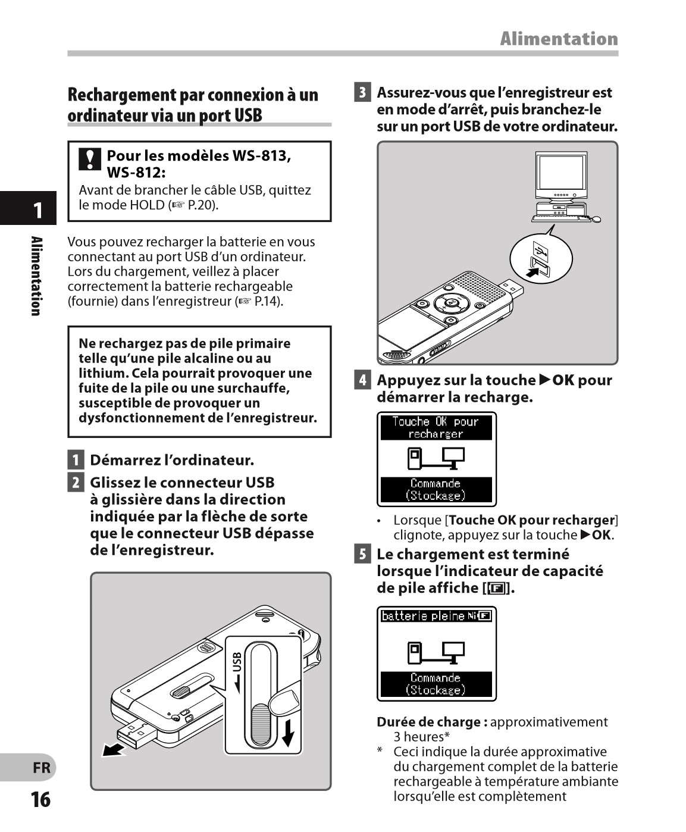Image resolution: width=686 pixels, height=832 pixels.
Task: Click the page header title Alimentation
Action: [x=559, y=39]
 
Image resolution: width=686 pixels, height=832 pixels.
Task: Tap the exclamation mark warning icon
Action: [x=90, y=159]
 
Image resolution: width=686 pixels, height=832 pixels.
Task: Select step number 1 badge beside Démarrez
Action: [x=75, y=460]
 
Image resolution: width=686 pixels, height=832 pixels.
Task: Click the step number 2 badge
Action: [x=75, y=482]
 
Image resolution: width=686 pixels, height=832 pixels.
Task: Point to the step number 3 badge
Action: [x=362, y=93]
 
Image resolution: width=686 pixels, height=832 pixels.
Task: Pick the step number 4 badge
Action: [x=362, y=380]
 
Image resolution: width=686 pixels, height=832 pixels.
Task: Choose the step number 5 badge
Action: [x=362, y=555]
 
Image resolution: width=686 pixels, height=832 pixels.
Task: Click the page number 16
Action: [x=40, y=799]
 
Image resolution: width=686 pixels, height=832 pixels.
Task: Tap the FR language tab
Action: [x=42, y=768]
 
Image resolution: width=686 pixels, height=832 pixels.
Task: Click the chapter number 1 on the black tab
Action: [x=37, y=210]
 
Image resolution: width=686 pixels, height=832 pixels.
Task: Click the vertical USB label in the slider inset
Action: [x=237, y=671]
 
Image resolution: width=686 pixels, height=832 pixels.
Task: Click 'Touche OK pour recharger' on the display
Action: [x=436, y=428]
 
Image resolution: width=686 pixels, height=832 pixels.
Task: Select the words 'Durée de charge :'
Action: [x=432, y=722]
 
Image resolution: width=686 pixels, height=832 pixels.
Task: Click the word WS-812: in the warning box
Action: [x=136, y=173]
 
